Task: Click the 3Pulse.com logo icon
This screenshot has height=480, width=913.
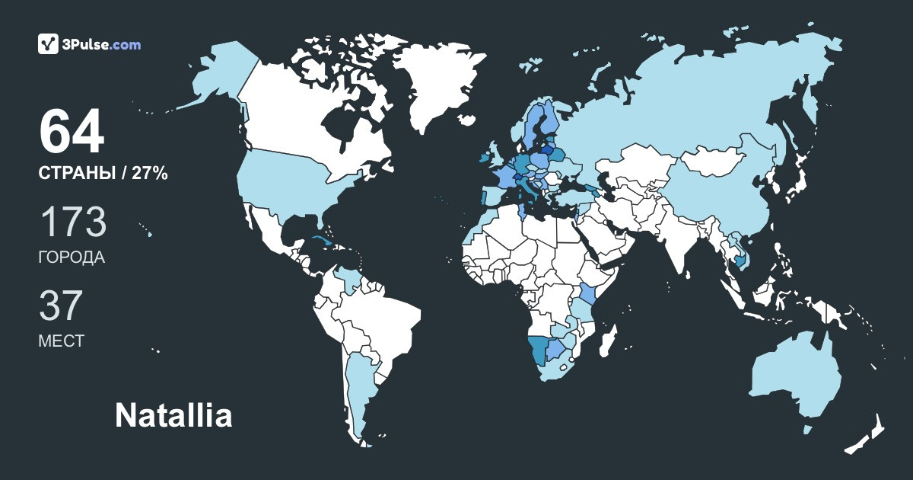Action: tap(48, 44)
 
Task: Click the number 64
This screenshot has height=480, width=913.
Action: tap(71, 133)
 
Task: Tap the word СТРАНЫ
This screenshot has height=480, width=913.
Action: tap(75, 174)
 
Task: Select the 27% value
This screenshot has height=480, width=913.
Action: tap(150, 174)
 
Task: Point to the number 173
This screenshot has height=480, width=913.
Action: tap(72, 222)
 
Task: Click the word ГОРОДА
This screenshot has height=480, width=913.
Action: tap(71, 258)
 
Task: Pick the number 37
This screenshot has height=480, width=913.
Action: tap(60, 306)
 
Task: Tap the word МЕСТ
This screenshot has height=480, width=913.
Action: tap(61, 341)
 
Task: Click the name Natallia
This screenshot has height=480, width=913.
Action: tap(173, 416)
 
